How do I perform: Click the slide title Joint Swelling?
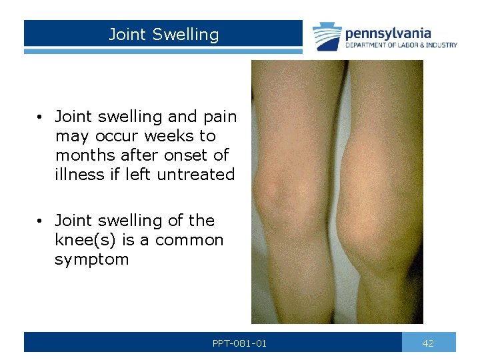163,35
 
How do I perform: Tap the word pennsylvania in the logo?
388,33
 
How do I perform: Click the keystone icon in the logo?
327,37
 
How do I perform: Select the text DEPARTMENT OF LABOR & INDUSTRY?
401,45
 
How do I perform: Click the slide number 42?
428,343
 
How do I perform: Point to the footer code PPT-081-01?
239,343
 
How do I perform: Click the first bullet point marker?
41,117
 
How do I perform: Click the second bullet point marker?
41,221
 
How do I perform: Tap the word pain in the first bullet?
219,117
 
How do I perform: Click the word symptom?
92,259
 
